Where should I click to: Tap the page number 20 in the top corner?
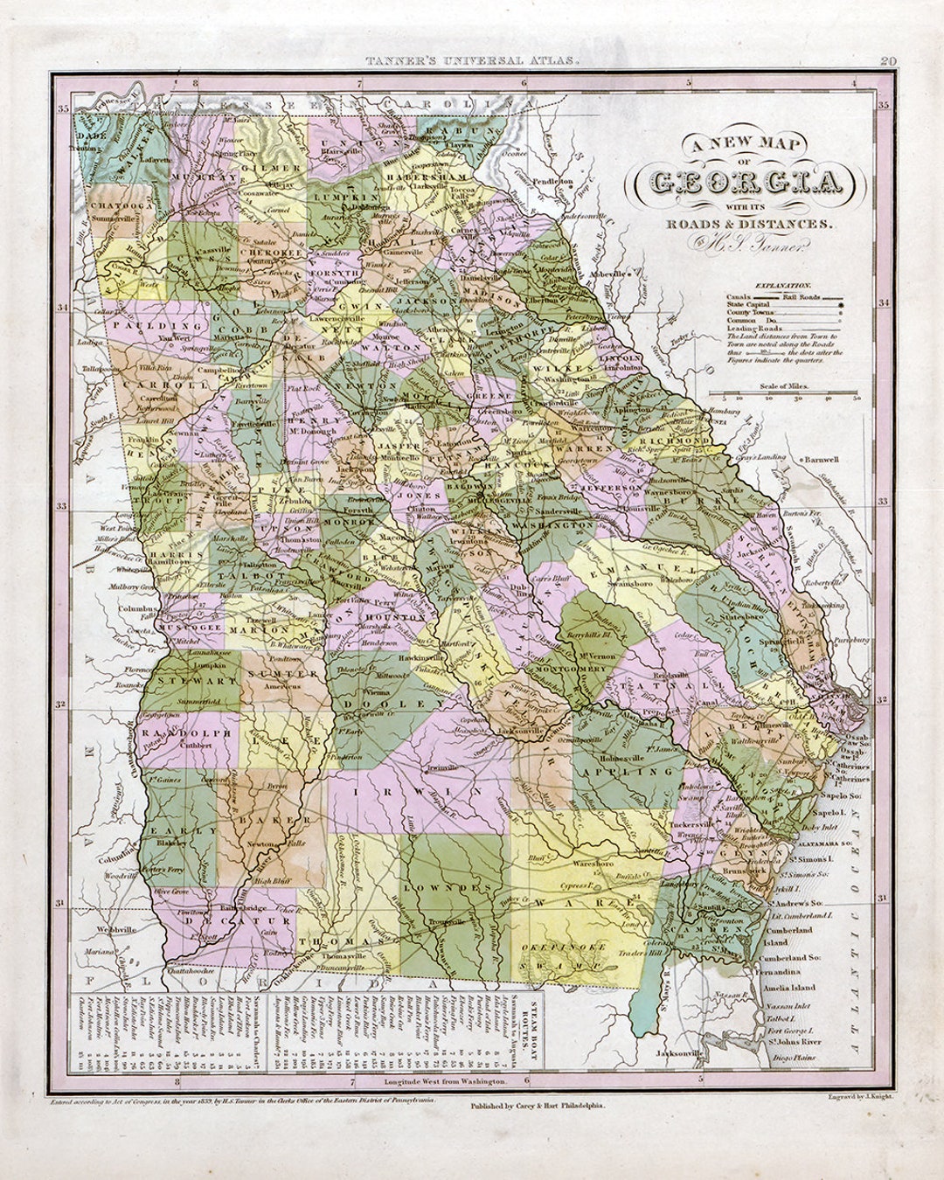(888, 61)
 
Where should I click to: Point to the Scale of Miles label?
(784, 385)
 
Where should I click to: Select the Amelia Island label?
(790, 987)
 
